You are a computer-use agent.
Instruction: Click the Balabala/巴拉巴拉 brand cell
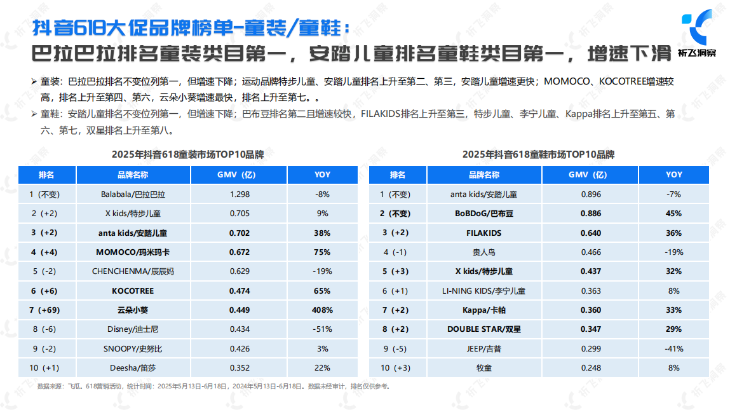click(133, 195)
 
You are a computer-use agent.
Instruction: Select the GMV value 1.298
click(239, 195)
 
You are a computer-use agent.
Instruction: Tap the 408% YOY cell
click(323, 310)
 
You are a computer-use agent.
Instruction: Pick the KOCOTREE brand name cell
click(133, 291)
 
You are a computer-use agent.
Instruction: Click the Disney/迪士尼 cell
click(133, 329)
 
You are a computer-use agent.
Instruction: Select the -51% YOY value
click(323, 329)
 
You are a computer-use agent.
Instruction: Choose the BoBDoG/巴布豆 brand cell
click(484, 214)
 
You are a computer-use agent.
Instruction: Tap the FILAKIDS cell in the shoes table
click(484, 233)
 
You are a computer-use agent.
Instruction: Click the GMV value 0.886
click(591, 214)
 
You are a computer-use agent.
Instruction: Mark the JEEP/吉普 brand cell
click(484, 348)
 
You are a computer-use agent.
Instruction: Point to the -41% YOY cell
click(674, 348)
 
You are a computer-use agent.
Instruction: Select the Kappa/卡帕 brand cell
click(484, 310)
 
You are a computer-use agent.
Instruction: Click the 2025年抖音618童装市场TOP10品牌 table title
click(187, 154)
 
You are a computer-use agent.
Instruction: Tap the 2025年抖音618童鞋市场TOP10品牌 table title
click(538, 154)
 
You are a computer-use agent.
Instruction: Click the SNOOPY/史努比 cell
click(133, 348)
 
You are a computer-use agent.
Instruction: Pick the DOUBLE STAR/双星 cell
click(484, 329)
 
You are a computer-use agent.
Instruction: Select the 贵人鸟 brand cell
click(484, 252)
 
